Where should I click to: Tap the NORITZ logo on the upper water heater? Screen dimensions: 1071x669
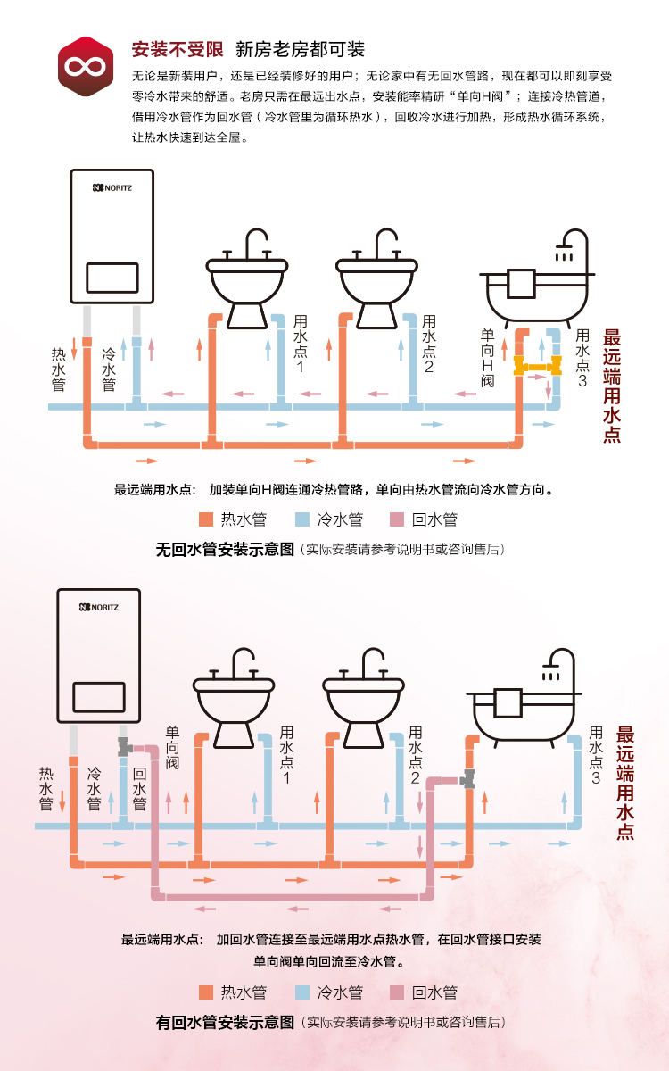point(111,188)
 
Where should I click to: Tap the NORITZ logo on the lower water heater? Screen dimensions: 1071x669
point(98,607)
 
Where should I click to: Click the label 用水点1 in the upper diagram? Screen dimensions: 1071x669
point(301,344)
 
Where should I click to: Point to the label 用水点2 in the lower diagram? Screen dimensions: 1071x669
point(415,755)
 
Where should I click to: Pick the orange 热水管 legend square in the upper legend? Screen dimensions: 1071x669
point(206,519)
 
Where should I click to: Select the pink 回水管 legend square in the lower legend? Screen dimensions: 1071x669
point(397,992)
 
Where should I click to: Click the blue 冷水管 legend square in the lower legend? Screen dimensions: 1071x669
point(301,992)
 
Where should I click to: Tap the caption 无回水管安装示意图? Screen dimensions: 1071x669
point(225,550)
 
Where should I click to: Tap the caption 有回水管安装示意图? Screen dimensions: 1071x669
point(225,1023)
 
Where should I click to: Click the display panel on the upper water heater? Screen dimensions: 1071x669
point(111,278)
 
